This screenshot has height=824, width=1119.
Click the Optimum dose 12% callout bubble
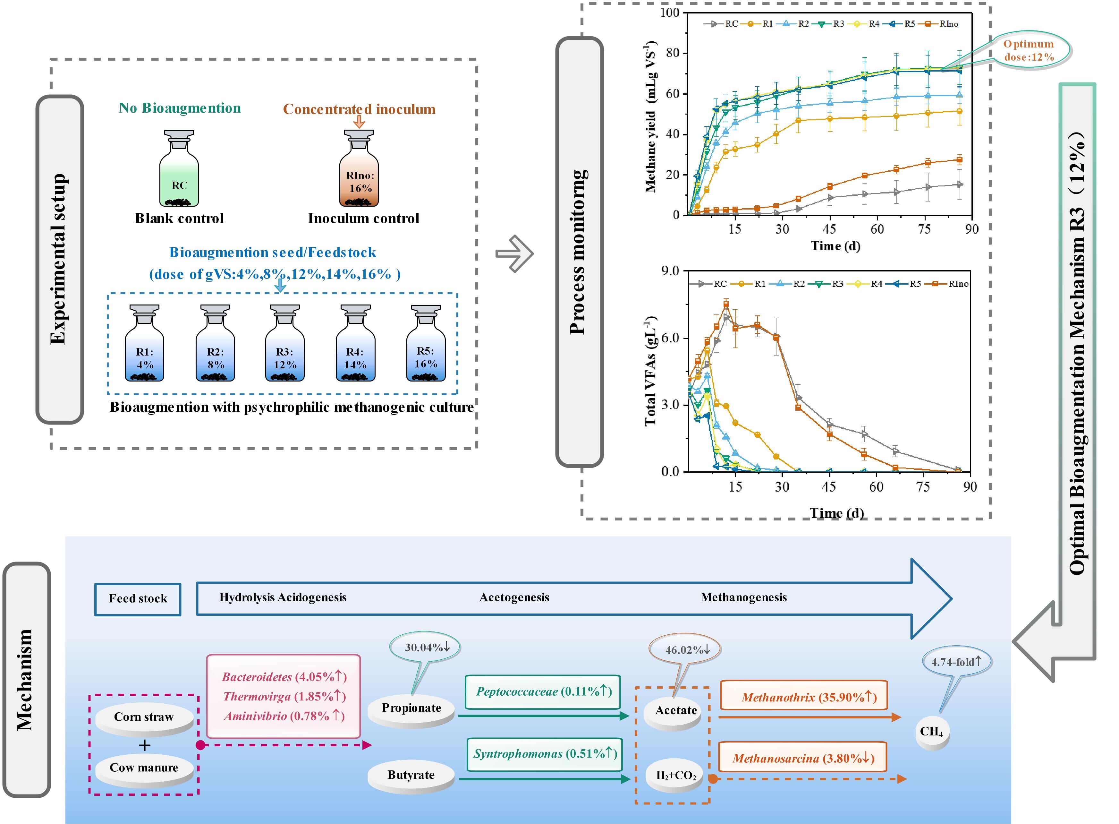pyautogui.click(x=1029, y=50)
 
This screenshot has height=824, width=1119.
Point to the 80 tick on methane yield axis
pyautogui.click(x=673, y=53)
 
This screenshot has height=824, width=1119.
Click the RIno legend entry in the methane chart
pyautogui.click(x=942, y=23)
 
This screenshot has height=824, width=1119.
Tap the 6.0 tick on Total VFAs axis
pyautogui.click(x=670, y=338)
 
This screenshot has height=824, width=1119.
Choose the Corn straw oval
pyautogui.click(x=144, y=717)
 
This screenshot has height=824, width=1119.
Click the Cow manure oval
pyautogui.click(x=144, y=768)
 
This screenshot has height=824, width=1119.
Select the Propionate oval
pyautogui.click(x=411, y=708)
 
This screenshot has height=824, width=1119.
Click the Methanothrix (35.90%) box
pyautogui.click(x=803, y=697)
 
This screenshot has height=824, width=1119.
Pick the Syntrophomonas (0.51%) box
pyautogui.click(x=545, y=754)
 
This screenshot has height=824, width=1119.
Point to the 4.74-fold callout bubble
pyautogui.click(x=956, y=662)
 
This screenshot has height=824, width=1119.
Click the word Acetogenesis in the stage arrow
pyautogui.click(x=514, y=597)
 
